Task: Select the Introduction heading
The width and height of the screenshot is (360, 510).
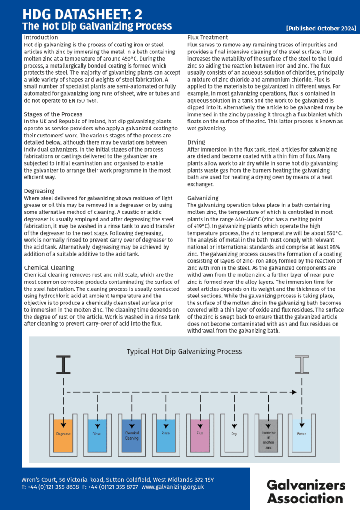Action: (x=41, y=38)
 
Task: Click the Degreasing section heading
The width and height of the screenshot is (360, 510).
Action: (x=39, y=191)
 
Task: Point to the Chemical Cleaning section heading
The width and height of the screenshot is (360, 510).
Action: (x=49, y=268)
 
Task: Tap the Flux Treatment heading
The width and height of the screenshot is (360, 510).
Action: (x=208, y=38)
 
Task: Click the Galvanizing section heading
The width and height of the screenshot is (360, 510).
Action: (x=203, y=198)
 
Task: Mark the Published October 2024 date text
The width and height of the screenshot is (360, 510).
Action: (x=321, y=29)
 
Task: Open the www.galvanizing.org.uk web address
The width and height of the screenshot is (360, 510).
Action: (x=172, y=487)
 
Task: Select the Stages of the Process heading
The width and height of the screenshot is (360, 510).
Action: (x=53, y=114)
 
